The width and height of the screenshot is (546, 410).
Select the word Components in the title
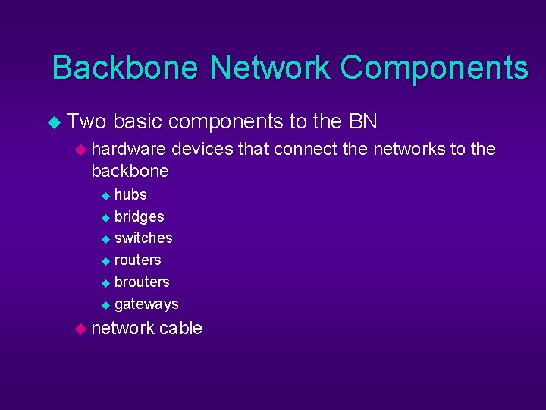click(x=434, y=68)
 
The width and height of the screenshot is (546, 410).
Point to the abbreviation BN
click(x=363, y=121)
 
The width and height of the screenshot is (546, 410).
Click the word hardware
click(x=128, y=149)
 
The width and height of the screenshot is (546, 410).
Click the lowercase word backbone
click(x=130, y=171)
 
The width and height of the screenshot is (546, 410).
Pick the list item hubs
click(x=130, y=194)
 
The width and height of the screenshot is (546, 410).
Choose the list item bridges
click(x=139, y=216)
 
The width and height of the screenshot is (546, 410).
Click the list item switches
click(x=143, y=238)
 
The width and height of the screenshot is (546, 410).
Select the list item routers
click(x=137, y=260)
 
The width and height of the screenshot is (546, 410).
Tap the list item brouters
click(x=142, y=282)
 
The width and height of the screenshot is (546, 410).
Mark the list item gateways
click(x=146, y=304)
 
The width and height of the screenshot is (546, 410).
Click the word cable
click(x=180, y=328)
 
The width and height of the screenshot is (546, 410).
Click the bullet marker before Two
click(x=53, y=122)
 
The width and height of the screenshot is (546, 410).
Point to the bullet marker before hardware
click(x=80, y=150)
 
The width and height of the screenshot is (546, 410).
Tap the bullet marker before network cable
click(x=80, y=329)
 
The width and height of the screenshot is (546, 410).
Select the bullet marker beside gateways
click(x=105, y=304)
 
